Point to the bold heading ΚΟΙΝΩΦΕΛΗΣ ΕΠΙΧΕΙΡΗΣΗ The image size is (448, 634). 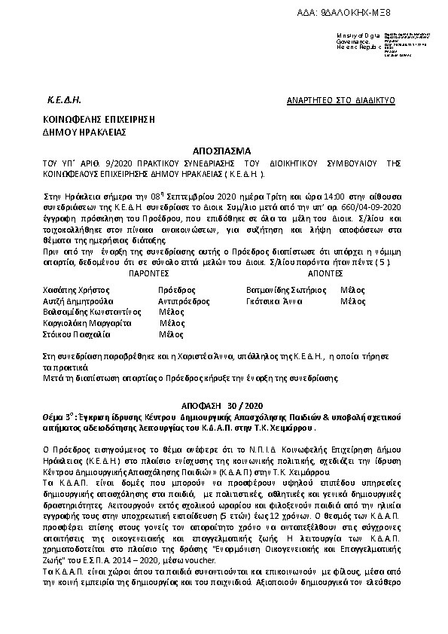88,119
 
